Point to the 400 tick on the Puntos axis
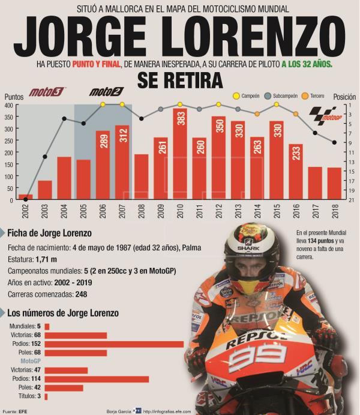pyautogui.click(x=8, y=105)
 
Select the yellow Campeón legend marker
pyautogui.click(x=236, y=95)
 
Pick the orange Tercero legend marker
pyautogui.click(x=305, y=95)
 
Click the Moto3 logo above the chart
pyautogui.click(x=46, y=92)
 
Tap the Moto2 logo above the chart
pyautogui.click(x=106, y=92)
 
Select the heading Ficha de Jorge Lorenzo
pyautogui.click(x=50, y=233)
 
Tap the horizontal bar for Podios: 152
pyautogui.click(x=114, y=344)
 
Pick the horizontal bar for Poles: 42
pyautogui.click(x=64, y=388)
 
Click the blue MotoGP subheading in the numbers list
pyautogui.click(x=31, y=362)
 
